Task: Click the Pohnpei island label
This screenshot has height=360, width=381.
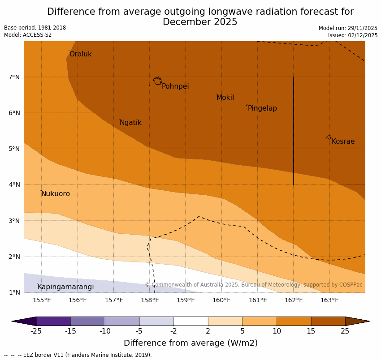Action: [x=175, y=86]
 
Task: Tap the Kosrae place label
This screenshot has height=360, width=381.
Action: [x=343, y=141]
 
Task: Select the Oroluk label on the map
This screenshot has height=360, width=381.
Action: [x=80, y=54]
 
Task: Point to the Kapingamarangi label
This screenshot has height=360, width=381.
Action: [x=65, y=287]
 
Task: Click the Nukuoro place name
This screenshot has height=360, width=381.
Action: [x=56, y=194]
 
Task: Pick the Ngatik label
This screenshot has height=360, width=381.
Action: [x=130, y=123]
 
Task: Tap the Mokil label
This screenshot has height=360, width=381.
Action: [x=225, y=98]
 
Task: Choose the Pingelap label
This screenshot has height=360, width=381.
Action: [x=262, y=108]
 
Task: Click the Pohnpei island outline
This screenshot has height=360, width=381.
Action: [x=157, y=81]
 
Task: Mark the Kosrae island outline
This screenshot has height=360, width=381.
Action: [x=329, y=137]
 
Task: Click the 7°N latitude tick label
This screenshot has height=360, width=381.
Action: [x=14, y=77]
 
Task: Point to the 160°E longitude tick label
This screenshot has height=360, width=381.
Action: [x=221, y=300]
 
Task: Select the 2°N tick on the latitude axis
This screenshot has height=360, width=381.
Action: [x=14, y=257]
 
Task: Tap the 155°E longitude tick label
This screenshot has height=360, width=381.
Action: [x=42, y=300]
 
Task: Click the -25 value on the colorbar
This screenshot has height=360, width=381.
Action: [x=36, y=331]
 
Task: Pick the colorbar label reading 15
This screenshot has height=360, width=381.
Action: [x=311, y=331]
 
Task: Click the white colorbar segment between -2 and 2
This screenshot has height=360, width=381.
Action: [x=190, y=321]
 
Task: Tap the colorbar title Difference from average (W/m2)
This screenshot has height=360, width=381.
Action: [x=190, y=343]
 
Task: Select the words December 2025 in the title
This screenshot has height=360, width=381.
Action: [x=200, y=22]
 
